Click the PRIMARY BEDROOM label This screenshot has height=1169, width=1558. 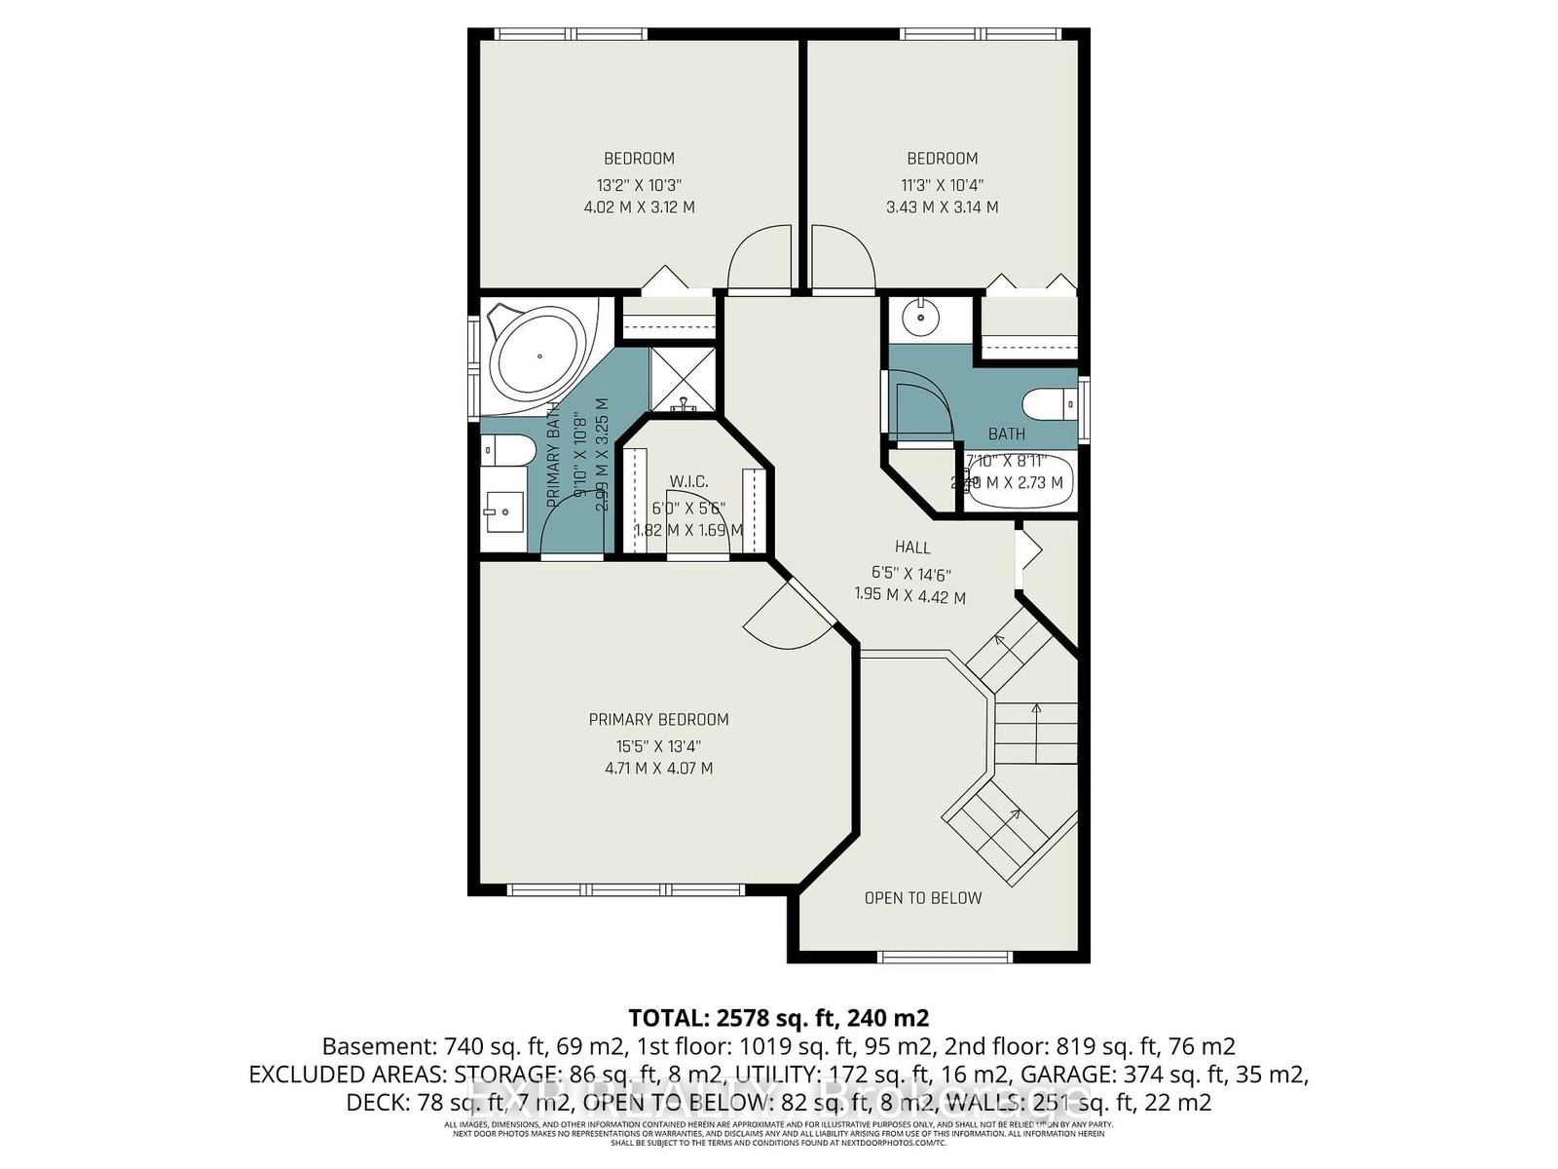click(x=658, y=719)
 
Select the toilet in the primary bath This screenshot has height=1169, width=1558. click(x=508, y=451)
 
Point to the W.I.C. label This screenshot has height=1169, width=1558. click(x=688, y=482)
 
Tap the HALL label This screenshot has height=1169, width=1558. click(x=912, y=547)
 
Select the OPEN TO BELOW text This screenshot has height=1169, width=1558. click(x=923, y=898)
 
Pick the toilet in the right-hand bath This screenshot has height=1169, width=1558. click(x=1048, y=401)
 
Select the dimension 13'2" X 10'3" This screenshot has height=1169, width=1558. click(x=639, y=184)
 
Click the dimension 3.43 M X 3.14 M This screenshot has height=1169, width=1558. click(x=942, y=207)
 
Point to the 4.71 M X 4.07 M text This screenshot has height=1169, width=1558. click(x=658, y=769)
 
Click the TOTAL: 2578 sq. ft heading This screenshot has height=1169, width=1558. click(x=778, y=1018)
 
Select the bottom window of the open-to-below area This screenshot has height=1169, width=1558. click(x=946, y=957)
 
